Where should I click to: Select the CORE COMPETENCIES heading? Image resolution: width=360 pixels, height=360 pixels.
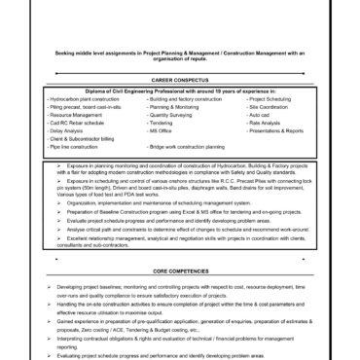click(x=179, y=270)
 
